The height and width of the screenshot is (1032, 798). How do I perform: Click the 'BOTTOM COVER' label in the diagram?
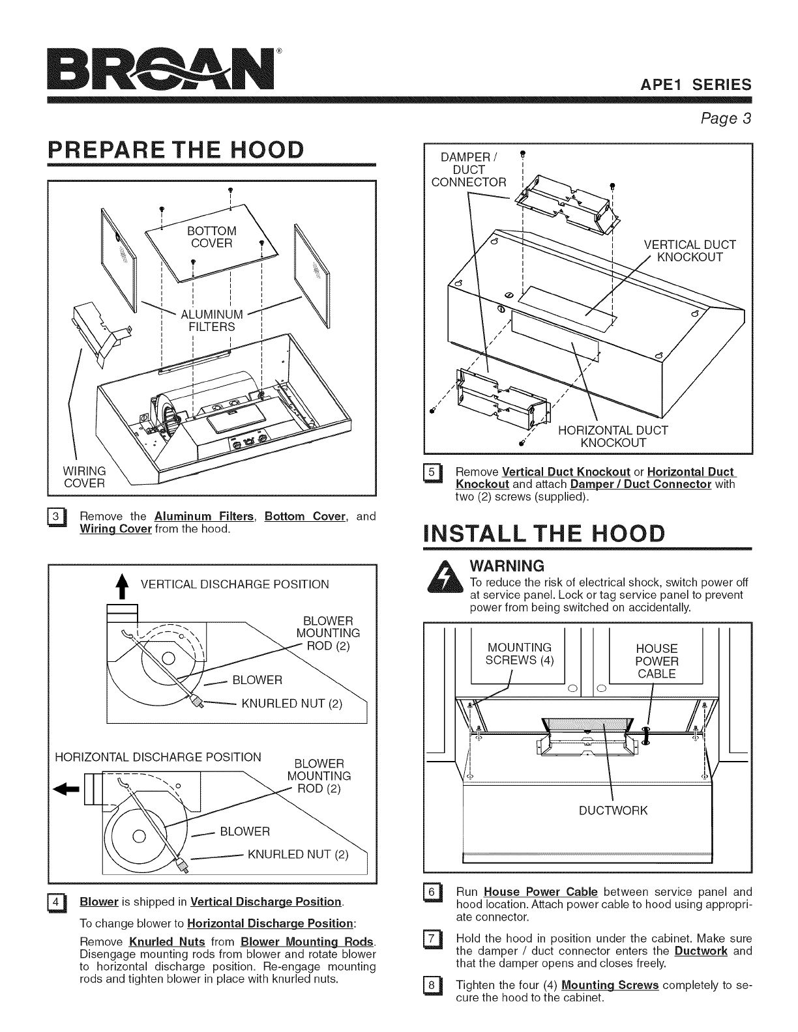211,237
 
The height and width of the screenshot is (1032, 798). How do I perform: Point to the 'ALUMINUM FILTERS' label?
211,321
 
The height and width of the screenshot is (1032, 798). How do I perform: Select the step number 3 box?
57,518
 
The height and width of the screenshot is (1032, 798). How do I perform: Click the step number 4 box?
57,903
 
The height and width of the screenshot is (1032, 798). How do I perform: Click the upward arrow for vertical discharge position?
119,589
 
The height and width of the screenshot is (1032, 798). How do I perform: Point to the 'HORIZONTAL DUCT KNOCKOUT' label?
613,437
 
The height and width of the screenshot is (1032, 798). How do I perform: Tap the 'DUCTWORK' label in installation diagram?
613,810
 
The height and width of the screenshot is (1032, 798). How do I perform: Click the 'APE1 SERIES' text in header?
696,85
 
